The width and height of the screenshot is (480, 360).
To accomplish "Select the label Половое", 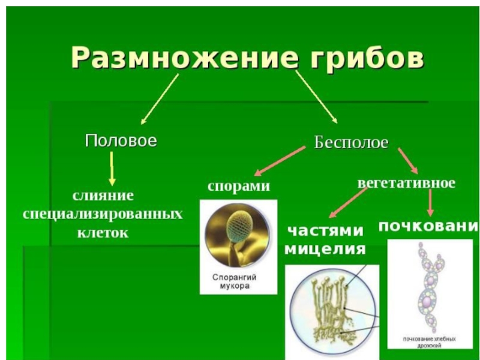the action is pos(121,141).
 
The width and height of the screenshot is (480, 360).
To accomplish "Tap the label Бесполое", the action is pos(352,143).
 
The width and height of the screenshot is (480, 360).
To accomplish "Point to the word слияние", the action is pos(103,196).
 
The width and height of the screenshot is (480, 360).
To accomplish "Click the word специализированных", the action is pos(103,214).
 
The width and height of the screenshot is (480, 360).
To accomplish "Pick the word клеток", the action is pos(103,232).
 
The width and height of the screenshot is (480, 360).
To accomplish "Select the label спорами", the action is pos(238,186).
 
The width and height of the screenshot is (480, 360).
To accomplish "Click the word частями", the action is pos(325,231).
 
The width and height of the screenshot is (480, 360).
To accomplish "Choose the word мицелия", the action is pos(325,248).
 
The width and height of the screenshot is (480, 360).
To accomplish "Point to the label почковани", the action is pos(428,226).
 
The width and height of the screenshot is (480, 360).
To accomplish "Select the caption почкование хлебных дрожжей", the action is pos(430,342).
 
